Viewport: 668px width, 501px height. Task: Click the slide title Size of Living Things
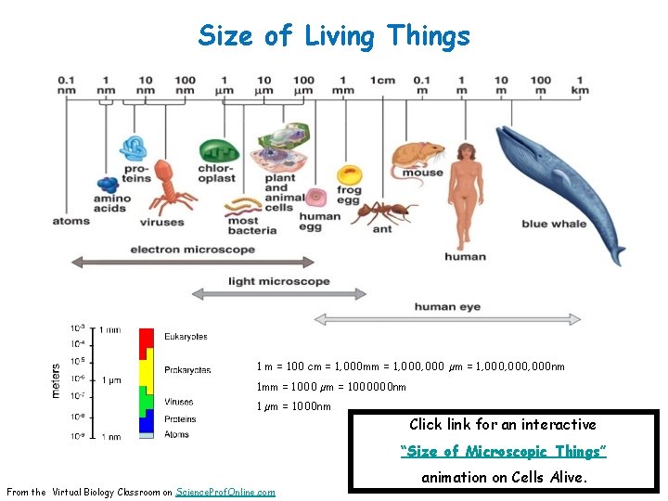tap(334, 36)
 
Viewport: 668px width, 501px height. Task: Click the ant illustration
tap(382, 212)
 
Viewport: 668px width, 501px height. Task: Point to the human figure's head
tap(464, 152)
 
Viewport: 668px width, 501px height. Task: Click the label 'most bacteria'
tap(251, 225)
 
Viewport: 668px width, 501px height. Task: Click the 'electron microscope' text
tap(192, 250)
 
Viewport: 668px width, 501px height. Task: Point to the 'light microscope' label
tap(278, 281)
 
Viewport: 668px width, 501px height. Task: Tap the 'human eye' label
tap(447, 306)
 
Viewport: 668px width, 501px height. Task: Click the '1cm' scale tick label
tap(383, 80)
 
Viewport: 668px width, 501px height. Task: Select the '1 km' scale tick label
tap(580, 84)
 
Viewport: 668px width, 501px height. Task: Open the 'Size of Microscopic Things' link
tap(504, 451)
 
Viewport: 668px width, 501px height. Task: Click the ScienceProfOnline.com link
tap(225, 492)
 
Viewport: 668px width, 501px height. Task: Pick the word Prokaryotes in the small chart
tap(187, 370)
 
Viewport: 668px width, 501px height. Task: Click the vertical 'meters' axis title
tap(56, 380)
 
